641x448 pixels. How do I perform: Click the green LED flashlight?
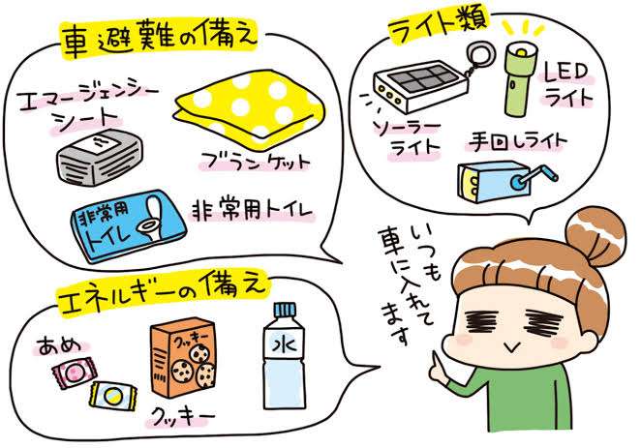tap(518, 78)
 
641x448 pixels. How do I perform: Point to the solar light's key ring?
tap(480, 53)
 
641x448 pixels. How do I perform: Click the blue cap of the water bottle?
tap(284, 309)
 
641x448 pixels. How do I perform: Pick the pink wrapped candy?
tap(73, 370)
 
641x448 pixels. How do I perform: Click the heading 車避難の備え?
tap(159, 38)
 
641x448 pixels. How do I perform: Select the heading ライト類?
tap(438, 24)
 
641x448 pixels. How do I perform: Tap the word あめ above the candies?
tap(58, 345)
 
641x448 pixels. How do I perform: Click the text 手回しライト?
tap(517, 142)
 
